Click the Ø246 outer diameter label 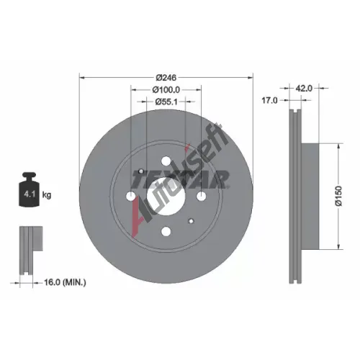coord(166,78)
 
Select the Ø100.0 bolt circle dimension coord(166,90)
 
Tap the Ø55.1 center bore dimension coord(166,102)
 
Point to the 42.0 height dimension coord(304,89)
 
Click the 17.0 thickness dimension coord(269,100)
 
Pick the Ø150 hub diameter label coord(338,196)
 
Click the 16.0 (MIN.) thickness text coord(65,282)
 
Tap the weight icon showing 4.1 coord(29,189)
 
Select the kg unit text coord(47,194)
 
